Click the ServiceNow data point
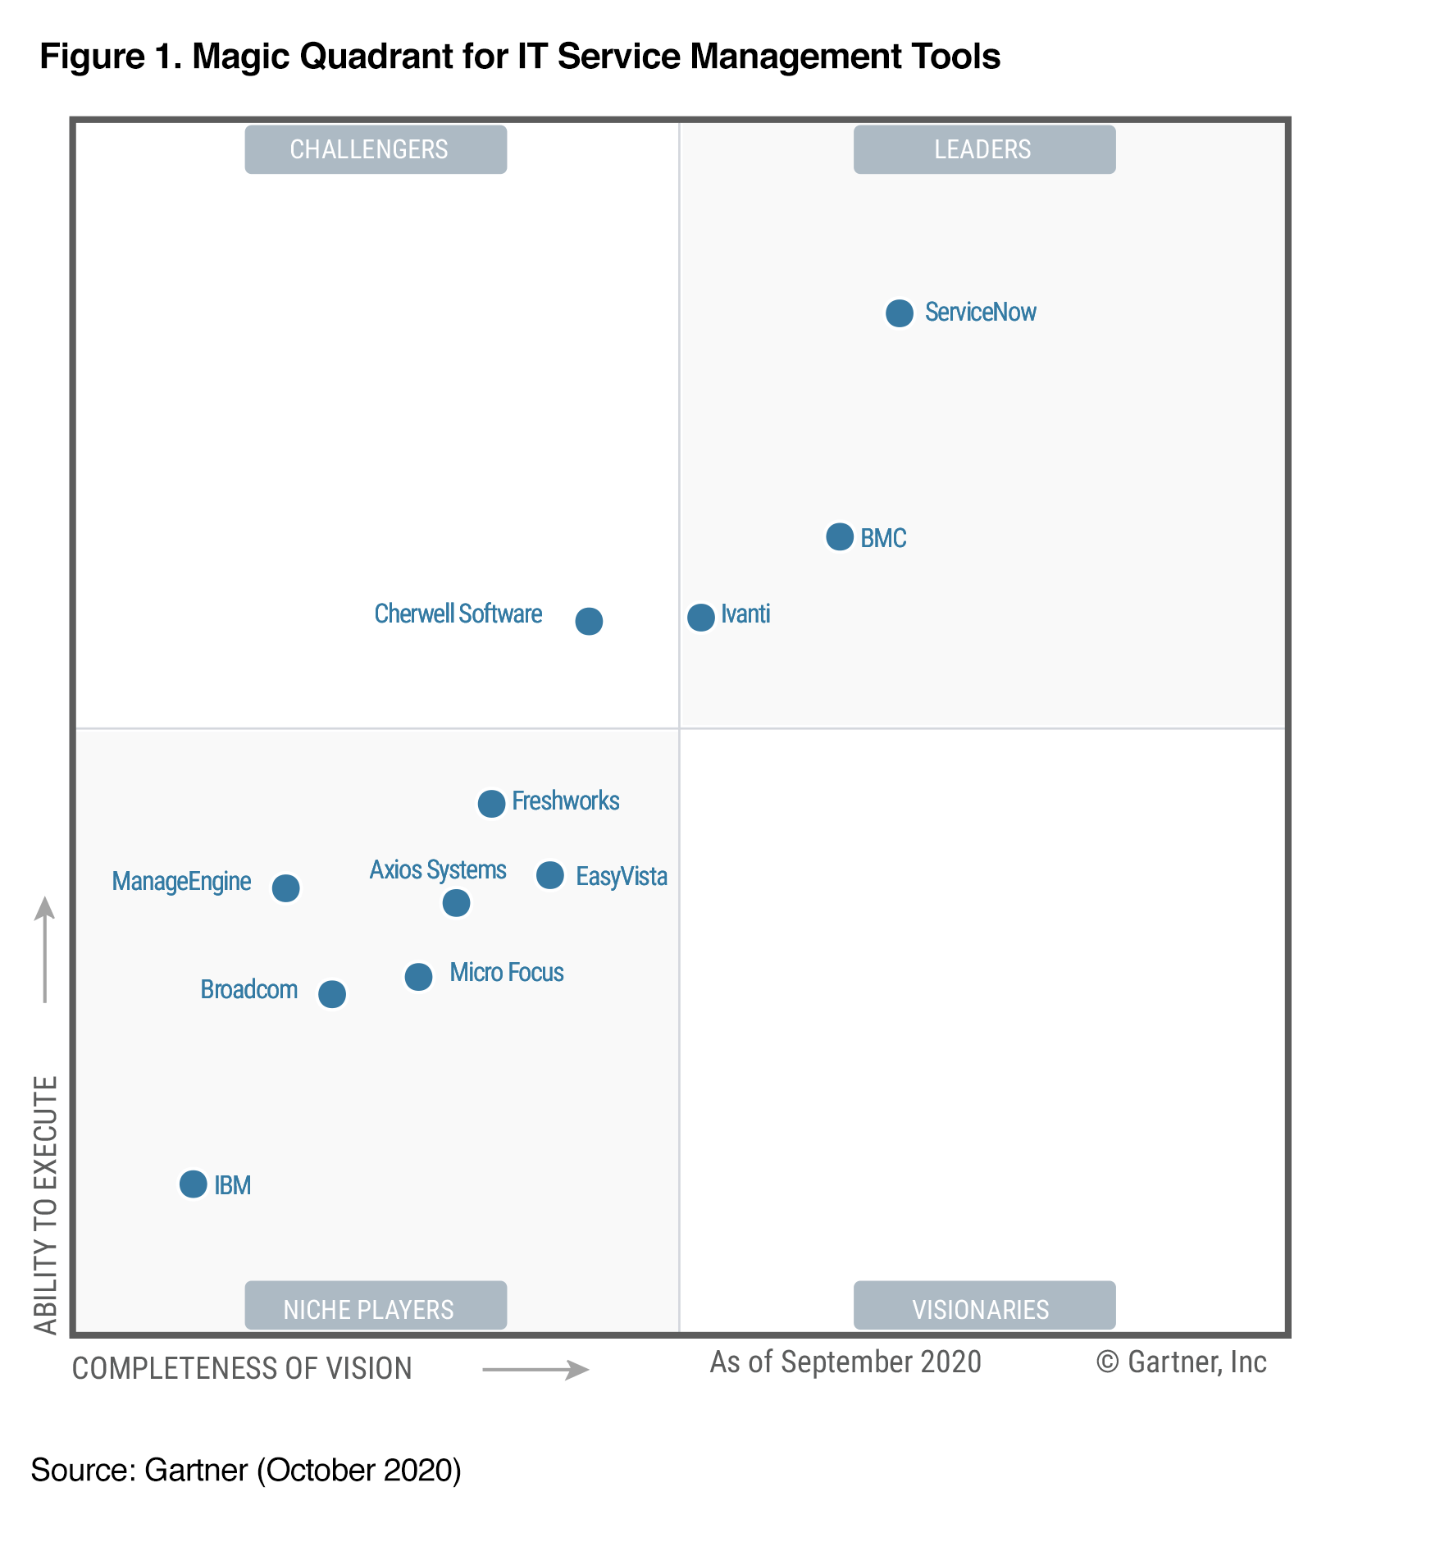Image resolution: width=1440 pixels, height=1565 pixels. pos(899,313)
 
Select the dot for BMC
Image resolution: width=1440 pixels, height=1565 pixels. pos(839,536)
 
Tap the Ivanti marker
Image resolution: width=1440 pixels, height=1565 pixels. pos(700,617)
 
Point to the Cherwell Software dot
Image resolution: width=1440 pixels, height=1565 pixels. pos(588,621)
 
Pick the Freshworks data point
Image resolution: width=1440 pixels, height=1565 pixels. pos(490,803)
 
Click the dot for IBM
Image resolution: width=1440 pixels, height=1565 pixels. pos(193,1184)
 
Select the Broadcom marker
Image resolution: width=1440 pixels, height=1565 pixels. pos(331,993)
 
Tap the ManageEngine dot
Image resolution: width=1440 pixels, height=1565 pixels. pos(285,887)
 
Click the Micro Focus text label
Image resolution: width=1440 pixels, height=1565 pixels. pos(506,972)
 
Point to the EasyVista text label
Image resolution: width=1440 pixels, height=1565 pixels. pos(621,876)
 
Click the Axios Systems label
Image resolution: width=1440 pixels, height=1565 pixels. pos(437,869)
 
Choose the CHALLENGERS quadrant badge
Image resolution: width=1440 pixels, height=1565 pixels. pos(376,149)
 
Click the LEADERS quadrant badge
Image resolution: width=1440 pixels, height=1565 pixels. pos(983,149)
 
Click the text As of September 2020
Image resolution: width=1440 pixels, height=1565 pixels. pos(845,1362)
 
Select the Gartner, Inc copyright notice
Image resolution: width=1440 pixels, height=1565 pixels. pos(1181,1362)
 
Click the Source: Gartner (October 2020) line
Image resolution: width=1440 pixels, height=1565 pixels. pos(246,1470)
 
